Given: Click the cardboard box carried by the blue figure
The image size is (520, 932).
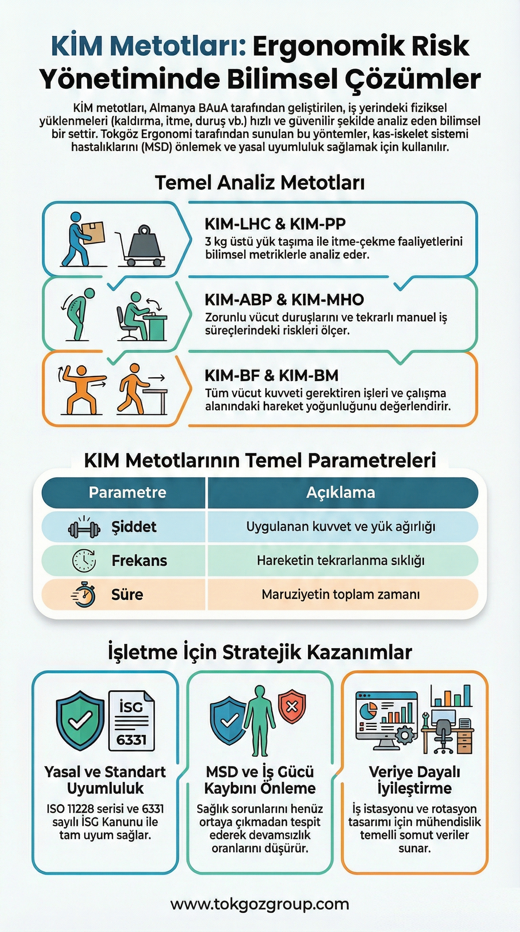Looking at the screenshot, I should pyautogui.click(x=93, y=232).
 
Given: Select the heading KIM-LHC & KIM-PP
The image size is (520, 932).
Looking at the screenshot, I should pyautogui.click(x=275, y=224).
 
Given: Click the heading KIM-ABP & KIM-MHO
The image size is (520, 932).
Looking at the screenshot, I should pyautogui.click(x=284, y=300).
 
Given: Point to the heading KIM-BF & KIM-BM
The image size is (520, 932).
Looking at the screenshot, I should pyautogui.click(x=271, y=376).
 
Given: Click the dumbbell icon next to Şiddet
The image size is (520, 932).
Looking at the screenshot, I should pyautogui.click(x=84, y=529).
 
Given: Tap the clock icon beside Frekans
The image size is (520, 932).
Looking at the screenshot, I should pyautogui.click(x=84, y=560).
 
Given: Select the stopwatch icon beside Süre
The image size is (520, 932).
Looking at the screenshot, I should pyautogui.click(x=84, y=594).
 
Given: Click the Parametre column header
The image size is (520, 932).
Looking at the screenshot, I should pyautogui.click(x=127, y=492).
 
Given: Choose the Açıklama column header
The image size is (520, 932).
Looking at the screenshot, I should pyautogui.click(x=341, y=492).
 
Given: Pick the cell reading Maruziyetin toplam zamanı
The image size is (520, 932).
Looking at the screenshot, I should pyautogui.click(x=341, y=594).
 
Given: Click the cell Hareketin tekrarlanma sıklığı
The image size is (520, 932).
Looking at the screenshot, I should pyautogui.click(x=341, y=560).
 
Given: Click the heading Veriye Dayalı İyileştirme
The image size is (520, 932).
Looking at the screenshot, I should pyautogui.click(x=414, y=780).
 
